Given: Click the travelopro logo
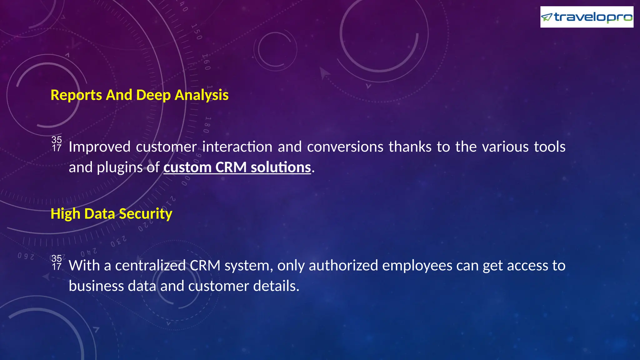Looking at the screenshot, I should [587, 17].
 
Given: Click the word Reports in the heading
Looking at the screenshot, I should [76, 95].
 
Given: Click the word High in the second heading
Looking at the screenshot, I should [65, 214].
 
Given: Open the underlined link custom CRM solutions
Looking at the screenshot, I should [237, 167].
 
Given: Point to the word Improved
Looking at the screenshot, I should [99, 147].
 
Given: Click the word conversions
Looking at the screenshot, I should [345, 147].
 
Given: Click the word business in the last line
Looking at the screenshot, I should [96, 286].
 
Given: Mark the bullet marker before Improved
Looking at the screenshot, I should [57, 144].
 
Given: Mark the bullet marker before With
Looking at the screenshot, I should [57, 262].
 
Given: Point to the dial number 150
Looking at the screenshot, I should [197, 32].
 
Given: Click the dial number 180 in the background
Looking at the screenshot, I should [207, 125].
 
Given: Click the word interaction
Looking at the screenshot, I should [237, 147].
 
